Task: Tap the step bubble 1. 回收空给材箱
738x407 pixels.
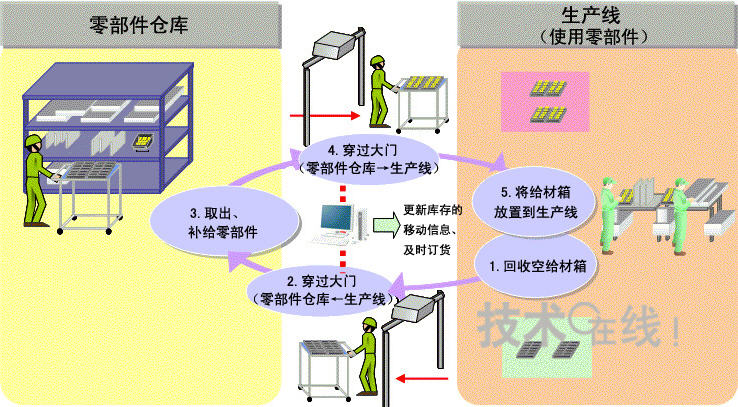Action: coord(537,267)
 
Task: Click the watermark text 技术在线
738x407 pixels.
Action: coord(580,324)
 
